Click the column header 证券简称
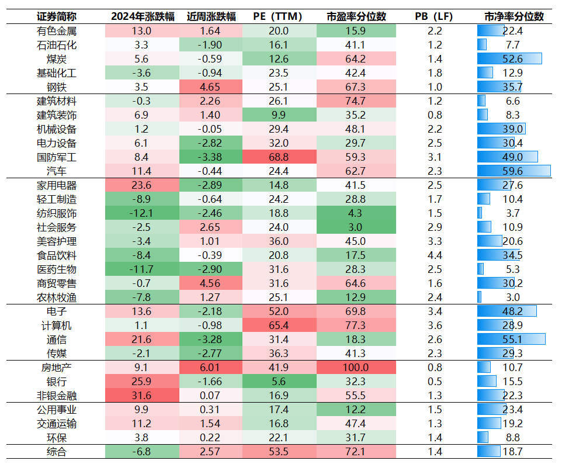click(57, 16)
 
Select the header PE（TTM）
click(278, 16)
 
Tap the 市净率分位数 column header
click(514, 16)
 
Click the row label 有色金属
click(57, 31)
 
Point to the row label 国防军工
click(57, 157)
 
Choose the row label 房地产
click(57, 368)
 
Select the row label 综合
click(57, 452)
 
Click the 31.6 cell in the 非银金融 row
click(142, 396)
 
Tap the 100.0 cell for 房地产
click(356, 368)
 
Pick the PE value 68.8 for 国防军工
click(278, 157)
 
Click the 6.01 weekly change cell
click(209, 368)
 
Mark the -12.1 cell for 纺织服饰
click(142, 213)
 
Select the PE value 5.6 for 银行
click(278, 382)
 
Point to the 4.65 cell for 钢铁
click(209, 87)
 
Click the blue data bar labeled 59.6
click(514, 171)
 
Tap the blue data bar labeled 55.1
click(511, 340)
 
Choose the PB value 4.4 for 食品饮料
click(435, 255)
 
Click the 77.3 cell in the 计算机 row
click(356, 325)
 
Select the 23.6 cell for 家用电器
click(142, 185)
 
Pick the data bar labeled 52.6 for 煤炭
click(509, 59)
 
